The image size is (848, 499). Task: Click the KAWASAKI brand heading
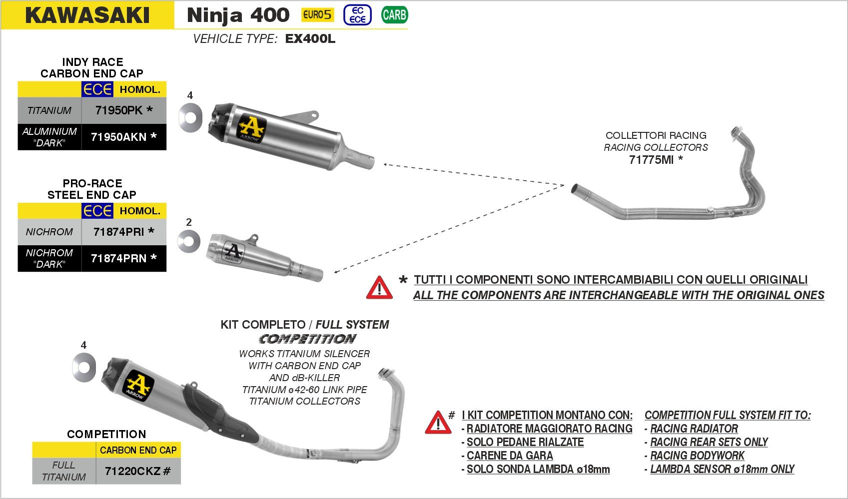pyautogui.click(x=87, y=15)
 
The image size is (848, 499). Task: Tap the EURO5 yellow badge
pyautogui.click(x=317, y=15)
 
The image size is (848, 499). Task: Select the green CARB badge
pyautogui.click(x=394, y=15)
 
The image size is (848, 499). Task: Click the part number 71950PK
pyautogui.click(x=119, y=110)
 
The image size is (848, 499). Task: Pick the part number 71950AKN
pyautogui.click(x=119, y=137)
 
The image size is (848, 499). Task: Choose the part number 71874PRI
pyautogui.click(x=119, y=232)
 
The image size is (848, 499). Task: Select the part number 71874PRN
pyautogui.click(x=119, y=258)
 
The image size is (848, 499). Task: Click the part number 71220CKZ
pyautogui.click(x=133, y=471)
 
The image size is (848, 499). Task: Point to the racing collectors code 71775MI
pyautogui.click(x=651, y=160)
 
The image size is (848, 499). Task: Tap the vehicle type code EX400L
pyautogui.click(x=310, y=39)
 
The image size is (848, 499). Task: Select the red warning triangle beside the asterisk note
pyautogui.click(x=379, y=288)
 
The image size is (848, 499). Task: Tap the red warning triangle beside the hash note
pyautogui.click(x=438, y=423)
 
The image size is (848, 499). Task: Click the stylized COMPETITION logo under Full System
pyautogui.click(x=307, y=339)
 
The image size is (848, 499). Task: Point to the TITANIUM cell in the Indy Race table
pyautogui.click(x=49, y=110)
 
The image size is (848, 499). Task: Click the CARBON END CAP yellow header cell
pyautogui.click(x=138, y=450)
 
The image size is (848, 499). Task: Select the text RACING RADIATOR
pyautogui.click(x=694, y=429)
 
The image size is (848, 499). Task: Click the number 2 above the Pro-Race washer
pyautogui.click(x=189, y=222)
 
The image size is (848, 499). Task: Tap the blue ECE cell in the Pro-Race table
pyautogui.click(x=97, y=211)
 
